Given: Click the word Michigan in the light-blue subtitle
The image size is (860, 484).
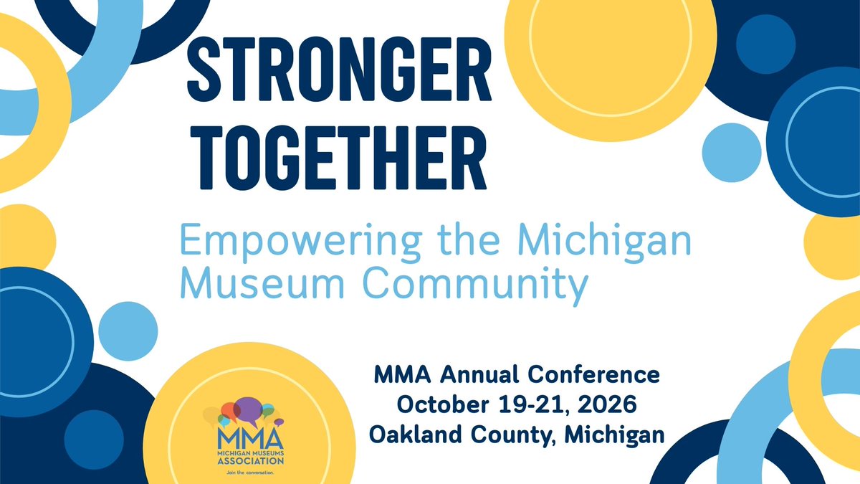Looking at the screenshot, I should (x=606, y=243).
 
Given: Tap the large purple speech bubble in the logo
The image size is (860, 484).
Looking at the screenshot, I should (x=247, y=411).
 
